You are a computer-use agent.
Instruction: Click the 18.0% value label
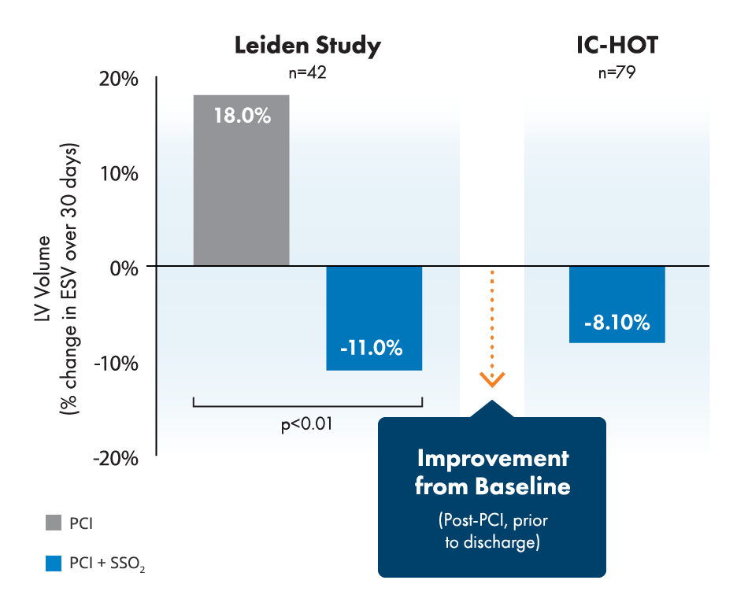pos(242,116)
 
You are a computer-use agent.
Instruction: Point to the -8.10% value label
pos(617,323)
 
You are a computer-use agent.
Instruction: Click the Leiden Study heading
pos(307,45)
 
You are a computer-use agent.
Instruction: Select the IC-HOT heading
pos(617,45)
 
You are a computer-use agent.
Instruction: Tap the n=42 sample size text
pos(307,72)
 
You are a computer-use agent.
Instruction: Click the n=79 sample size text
pos(617,72)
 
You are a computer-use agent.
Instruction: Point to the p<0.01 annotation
pos(307,424)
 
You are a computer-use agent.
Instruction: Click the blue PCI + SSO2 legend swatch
pos(54,564)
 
